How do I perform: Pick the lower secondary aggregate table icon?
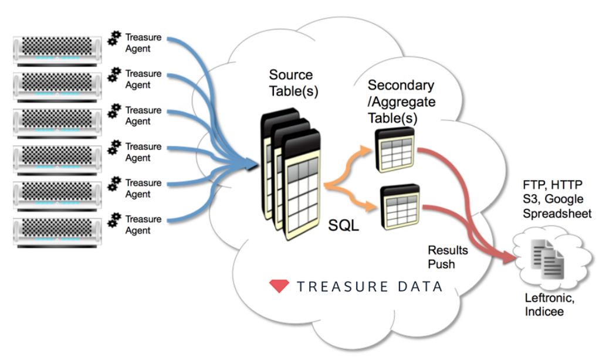click(x=400, y=205)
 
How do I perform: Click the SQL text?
click(x=344, y=226)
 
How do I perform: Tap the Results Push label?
click(x=448, y=257)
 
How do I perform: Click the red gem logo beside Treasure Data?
click(x=279, y=286)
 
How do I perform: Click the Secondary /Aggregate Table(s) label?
click(x=402, y=101)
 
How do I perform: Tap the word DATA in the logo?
click(x=418, y=287)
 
